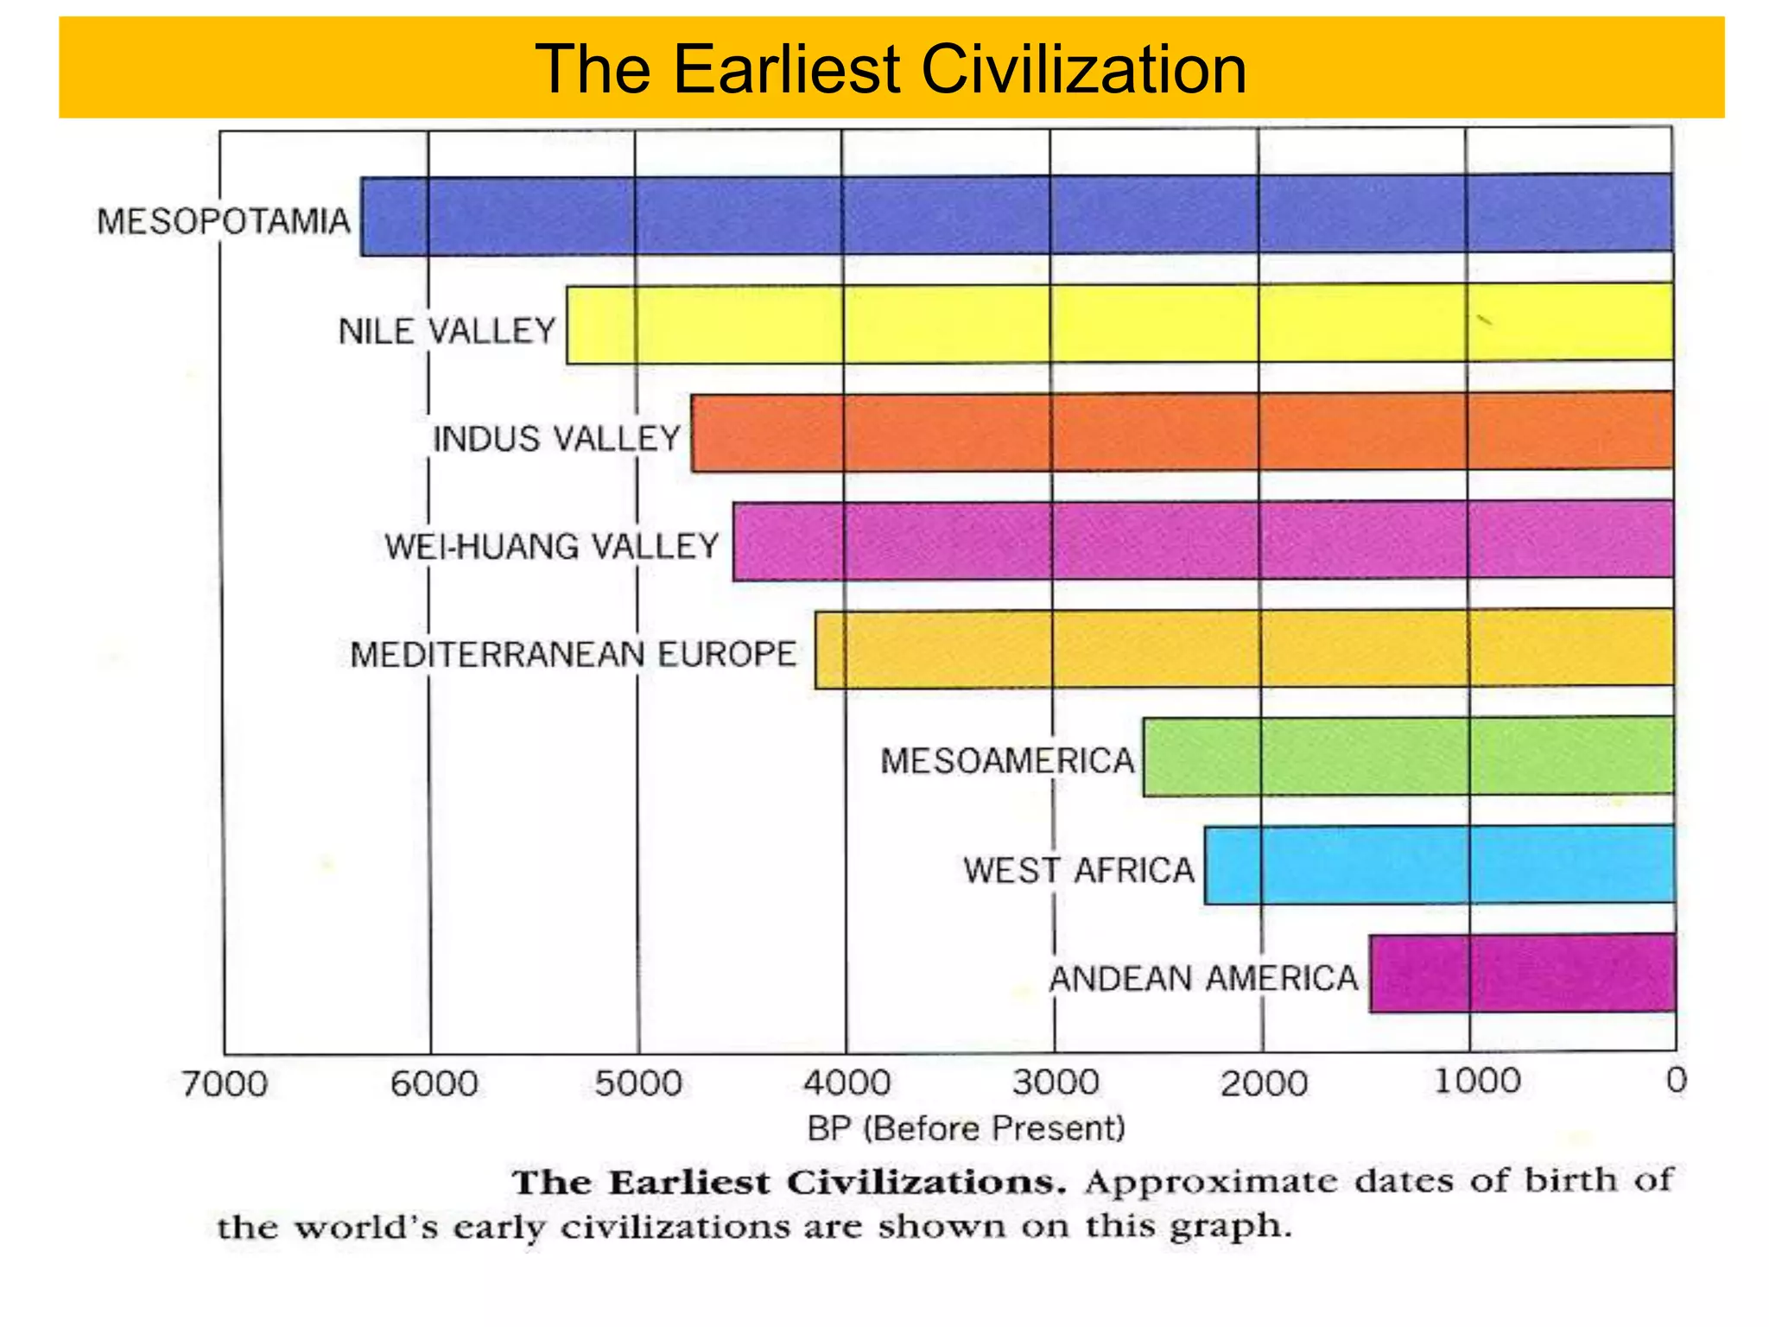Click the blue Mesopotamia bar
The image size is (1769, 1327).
(x=1017, y=215)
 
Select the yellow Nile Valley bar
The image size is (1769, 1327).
(x=1119, y=324)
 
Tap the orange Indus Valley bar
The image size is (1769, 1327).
(x=1182, y=432)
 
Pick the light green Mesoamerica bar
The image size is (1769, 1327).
(x=1408, y=757)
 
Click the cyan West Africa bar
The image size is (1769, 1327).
(x=1439, y=865)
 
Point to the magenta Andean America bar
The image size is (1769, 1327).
(x=1522, y=973)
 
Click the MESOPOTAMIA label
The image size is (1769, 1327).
(x=224, y=222)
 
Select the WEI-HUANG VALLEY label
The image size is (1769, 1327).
(x=552, y=547)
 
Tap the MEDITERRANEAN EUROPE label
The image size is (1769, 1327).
(x=573, y=655)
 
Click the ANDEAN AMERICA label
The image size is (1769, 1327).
(x=1203, y=979)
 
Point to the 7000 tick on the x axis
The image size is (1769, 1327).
(x=225, y=1083)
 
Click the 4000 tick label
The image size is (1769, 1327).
(x=846, y=1083)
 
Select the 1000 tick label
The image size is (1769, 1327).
(x=1477, y=1081)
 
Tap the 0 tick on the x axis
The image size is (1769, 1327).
(x=1676, y=1080)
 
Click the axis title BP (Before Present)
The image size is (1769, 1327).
(x=966, y=1128)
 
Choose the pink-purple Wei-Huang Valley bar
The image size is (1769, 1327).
(x=1202, y=541)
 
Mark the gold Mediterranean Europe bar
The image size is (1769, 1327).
(x=1244, y=649)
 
